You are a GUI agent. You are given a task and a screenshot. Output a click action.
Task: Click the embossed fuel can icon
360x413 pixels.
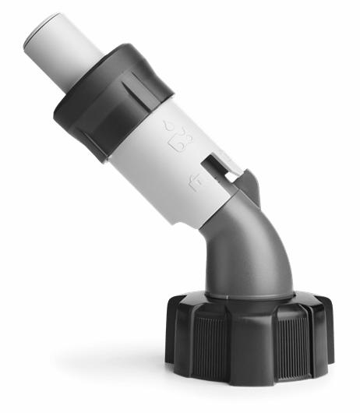point(180,141)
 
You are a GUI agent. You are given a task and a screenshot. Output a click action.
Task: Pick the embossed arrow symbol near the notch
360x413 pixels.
point(194,183)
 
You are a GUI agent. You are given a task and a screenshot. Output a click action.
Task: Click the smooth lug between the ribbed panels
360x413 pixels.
point(249,346)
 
